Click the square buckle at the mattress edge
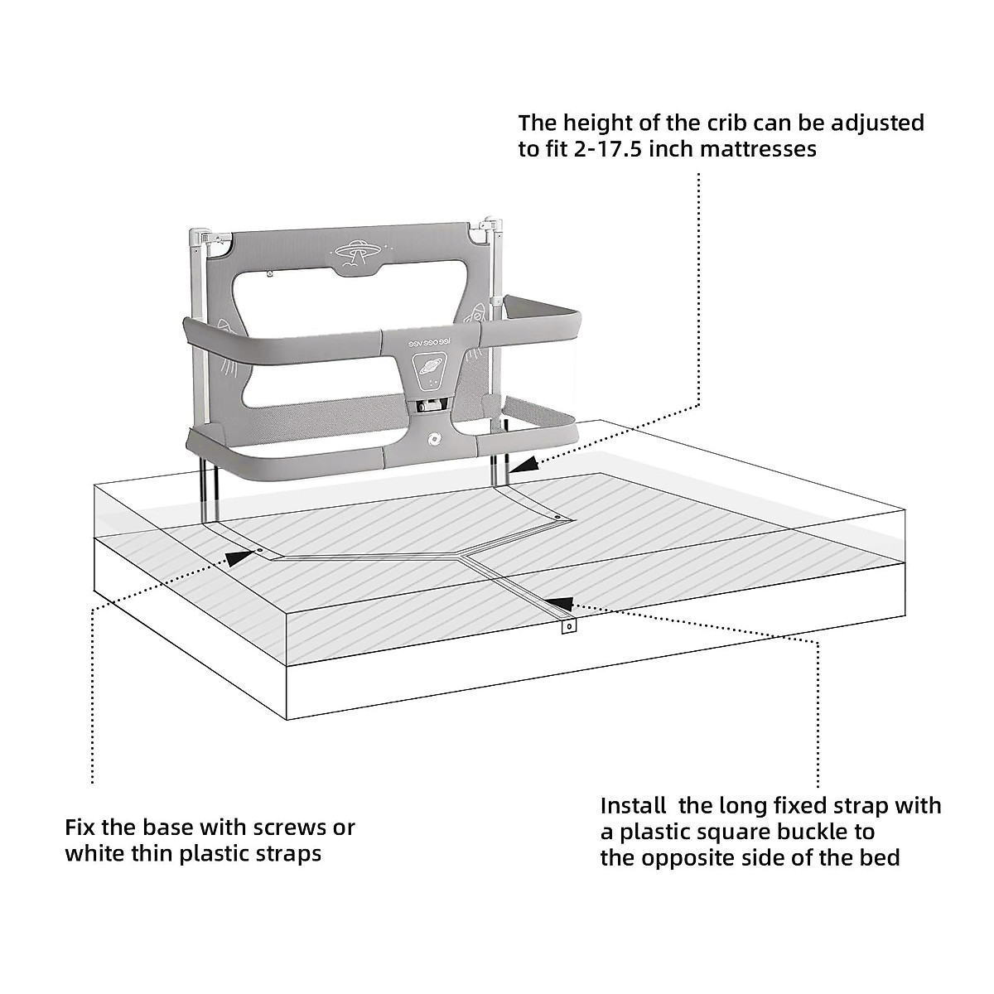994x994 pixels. [568, 627]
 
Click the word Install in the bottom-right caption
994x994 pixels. [633, 805]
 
